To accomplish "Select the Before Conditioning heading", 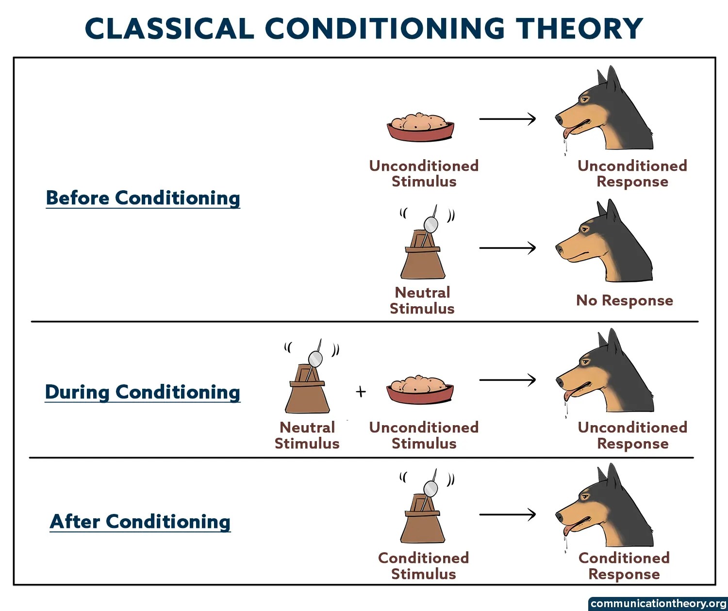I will point(143,198).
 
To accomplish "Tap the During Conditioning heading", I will point(143,392).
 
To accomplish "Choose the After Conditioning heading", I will point(140,522).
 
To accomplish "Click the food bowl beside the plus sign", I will point(420,389).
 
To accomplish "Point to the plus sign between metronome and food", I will point(361,392).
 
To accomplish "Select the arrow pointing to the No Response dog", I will point(507,248).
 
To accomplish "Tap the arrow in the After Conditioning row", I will point(507,514).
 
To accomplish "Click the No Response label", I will point(624,300).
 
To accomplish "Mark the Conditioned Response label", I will point(624,566).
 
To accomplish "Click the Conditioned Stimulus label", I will point(423,566).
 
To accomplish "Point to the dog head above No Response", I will point(607,245).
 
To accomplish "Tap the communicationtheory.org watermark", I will point(658,604).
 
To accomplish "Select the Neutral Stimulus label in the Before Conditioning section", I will point(422,300).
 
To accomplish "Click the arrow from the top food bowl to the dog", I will point(507,119).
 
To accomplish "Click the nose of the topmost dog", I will point(559,117).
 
